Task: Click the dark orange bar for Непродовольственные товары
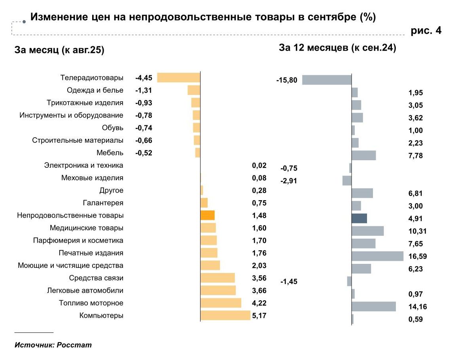(x=207, y=215)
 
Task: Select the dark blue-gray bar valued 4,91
(x=359, y=218)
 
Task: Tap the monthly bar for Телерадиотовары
(x=179, y=78)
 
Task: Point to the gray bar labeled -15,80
(x=327, y=80)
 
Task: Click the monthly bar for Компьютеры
(x=225, y=315)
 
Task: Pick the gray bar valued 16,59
(x=377, y=256)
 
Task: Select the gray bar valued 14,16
(x=374, y=307)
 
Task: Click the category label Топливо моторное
(x=91, y=303)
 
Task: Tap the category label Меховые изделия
(x=92, y=178)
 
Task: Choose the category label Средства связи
(x=96, y=278)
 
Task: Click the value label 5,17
(x=259, y=316)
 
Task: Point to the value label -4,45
(x=144, y=78)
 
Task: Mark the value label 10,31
(x=417, y=231)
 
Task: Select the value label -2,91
(x=289, y=181)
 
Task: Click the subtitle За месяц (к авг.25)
(x=59, y=50)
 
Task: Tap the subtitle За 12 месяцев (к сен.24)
(x=337, y=48)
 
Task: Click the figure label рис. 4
(x=426, y=31)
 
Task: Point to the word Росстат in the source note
(x=74, y=345)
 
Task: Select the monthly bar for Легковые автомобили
(x=218, y=290)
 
